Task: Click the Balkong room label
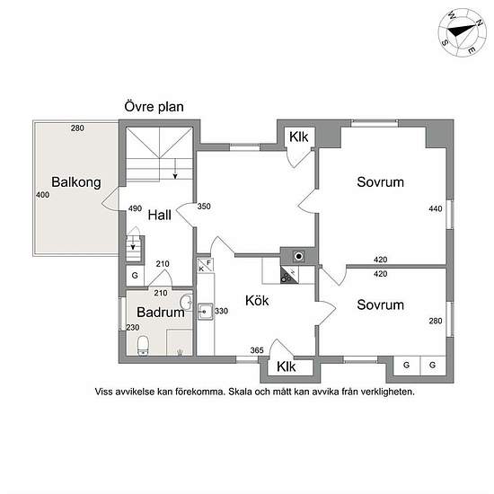pyautogui.click(x=76, y=182)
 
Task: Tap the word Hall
pyautogui.click(x=159, y=216)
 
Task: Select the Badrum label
pyautogui.click(x=161, y=313)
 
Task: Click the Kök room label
pyautogui.click(x=257, y=301)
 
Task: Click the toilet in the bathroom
pyautogui.click(x=143, y=346)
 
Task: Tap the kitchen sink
pyautogui.click(x=205, y=312)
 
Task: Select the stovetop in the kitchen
pyautogui.click(x=289, y=275)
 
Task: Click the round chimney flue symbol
pyautogui.click(x=298, y=256)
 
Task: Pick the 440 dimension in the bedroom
pyautogui.click(x=435, y=208)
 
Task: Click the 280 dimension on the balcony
pyautogui.click(x=77, y=128)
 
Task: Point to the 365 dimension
pyautogui.click(x=257, y=350)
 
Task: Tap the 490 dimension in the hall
pyautogui.click(x=135, y=208)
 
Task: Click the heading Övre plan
pyautogui.click(x=154, y=107)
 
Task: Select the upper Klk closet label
pyautogui.click(x=298, y=137)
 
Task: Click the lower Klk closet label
pyautogui.click(x=286, y=366)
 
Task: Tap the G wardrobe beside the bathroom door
pyautogui.click(x=135, y=276)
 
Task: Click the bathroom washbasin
pyautogui.click(x=186, y=302)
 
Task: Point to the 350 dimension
pyautogui.click(x=204, y=206)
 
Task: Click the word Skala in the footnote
pyautogui.click(x=240, y=392)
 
